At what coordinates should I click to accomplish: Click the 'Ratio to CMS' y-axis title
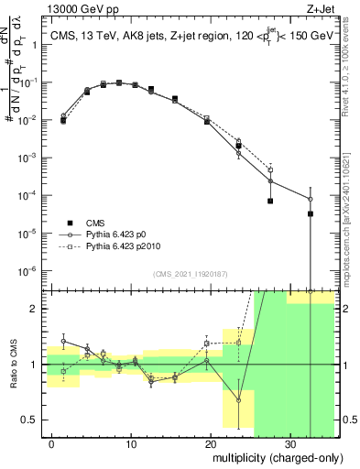pyautogui.click(x=16, y=365)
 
